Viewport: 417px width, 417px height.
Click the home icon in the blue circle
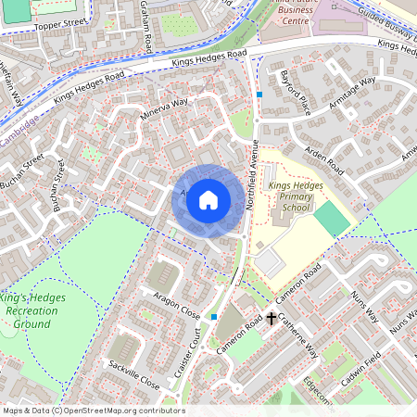(208, 199)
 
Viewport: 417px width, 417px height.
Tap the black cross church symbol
(272, 319)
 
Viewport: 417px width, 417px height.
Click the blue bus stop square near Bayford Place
(260, 95)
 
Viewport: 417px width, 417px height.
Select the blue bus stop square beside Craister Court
(214, 317)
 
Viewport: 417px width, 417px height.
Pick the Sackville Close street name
(134, 373)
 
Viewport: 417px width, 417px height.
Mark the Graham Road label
(145, 25)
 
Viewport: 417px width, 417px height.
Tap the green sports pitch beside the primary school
(332, 219)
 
